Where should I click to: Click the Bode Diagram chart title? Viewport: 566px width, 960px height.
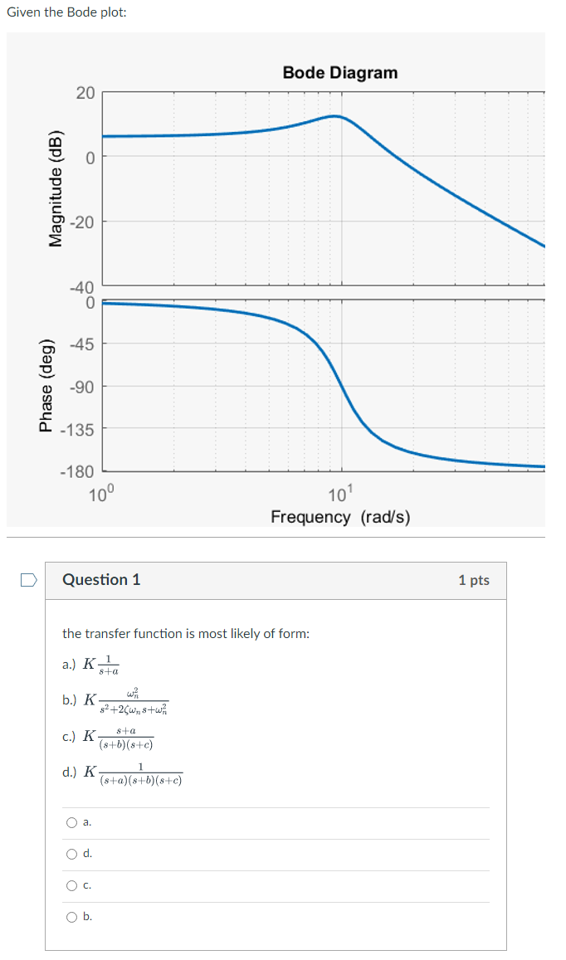coord(339,73)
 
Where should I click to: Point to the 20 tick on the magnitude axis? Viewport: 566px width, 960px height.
coord(85,92)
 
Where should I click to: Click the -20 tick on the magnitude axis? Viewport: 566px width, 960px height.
coord(82,222)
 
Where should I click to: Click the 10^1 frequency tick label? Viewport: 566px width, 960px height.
coord(341,496)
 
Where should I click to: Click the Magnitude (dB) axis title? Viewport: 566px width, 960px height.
coord(56,188)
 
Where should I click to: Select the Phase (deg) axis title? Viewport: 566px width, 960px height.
coord(46,387)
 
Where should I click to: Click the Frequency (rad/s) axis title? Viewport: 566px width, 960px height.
coord(340,518)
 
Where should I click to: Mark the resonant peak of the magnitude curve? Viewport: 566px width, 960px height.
coord(334,116)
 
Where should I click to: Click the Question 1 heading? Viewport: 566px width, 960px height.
coord(101,580)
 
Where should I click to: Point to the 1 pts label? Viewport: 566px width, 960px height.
coord(473,580)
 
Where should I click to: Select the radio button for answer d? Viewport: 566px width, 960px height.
coord(72,854)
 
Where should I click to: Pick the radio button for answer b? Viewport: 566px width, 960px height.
coord(72,917)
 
